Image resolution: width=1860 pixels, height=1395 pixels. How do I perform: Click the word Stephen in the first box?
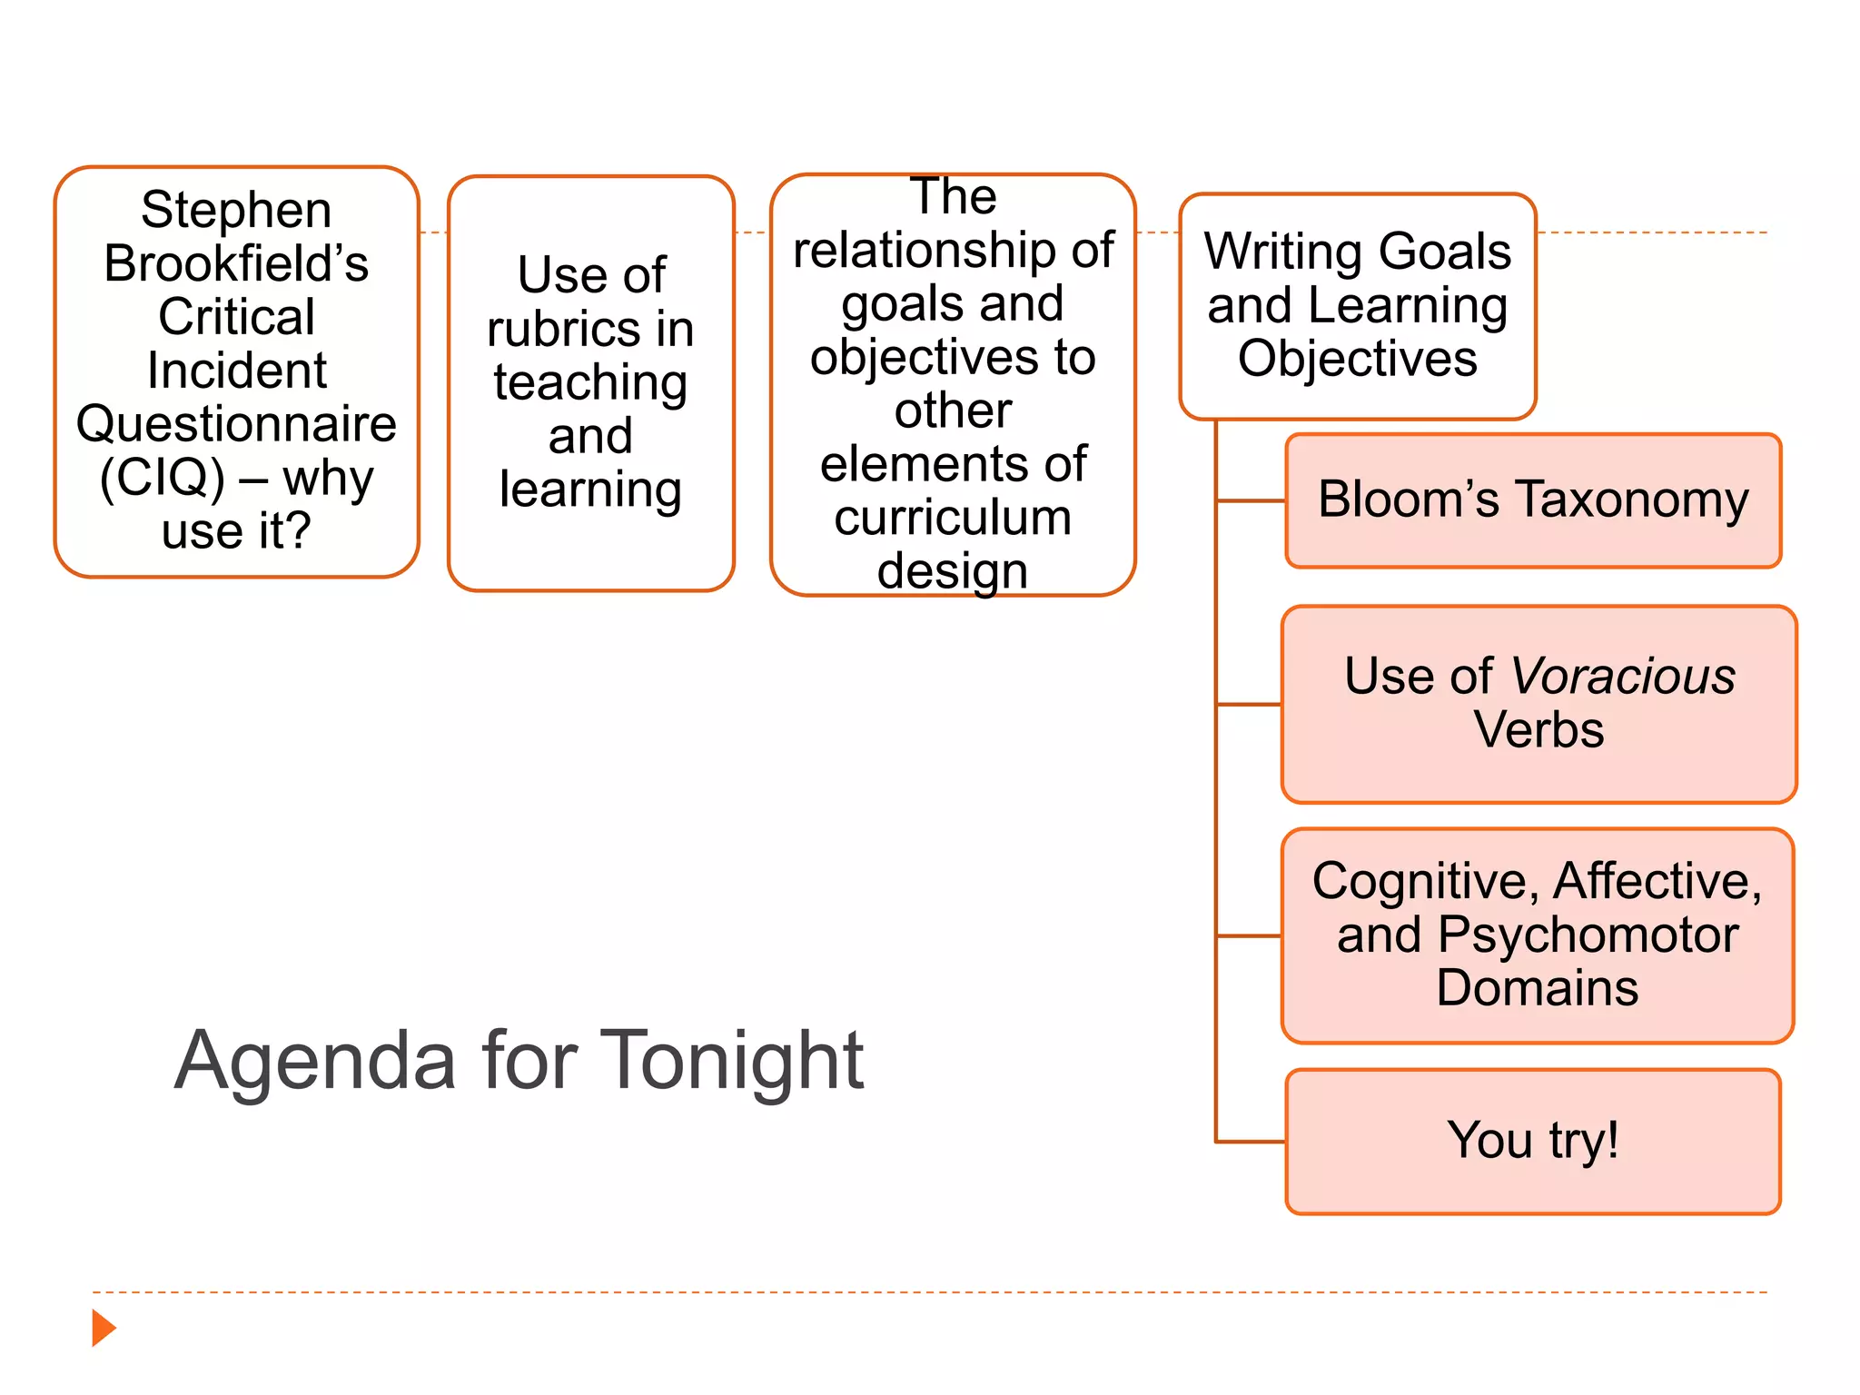pyautogui.click(x=236, y=211)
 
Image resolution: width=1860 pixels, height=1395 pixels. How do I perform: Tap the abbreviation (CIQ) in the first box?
pyautogui.click(x=162, y=478)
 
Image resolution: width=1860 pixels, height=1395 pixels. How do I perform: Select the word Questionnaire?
pyautogui.click(x=236, y=424)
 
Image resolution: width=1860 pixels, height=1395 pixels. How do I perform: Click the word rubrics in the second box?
pyautogui.click(x=563, y=329)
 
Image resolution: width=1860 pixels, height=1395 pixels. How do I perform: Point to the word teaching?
pyautogui.click(x=590, y=382)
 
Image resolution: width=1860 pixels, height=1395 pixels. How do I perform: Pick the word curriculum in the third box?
pyautogui.click(x=953, y=518)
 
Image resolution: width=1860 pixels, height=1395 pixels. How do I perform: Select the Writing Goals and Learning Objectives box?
pyautogui.click(x=1357, y=306)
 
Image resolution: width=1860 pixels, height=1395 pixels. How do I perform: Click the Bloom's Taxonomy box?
pyautogui.click(x=1533, y=500)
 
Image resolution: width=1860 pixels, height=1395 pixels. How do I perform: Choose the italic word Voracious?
pyautogui.click(x=1623, y=677)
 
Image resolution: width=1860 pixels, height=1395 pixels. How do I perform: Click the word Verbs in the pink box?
pyautogui.click(x=1538, y=730)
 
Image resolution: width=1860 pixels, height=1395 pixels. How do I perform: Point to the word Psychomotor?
pyautogui.click(x=1588, y=935)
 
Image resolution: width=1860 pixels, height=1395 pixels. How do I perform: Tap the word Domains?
pyautogui.click(x=1538, y=988)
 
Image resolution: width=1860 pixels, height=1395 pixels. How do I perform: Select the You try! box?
pyautogui.click(x=1533, y=1141)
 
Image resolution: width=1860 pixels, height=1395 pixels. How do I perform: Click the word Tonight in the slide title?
pyautogui.click(x=732, y=1060)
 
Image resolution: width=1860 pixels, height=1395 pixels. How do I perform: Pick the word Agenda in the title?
pyautogui.click(x=314, y=1060)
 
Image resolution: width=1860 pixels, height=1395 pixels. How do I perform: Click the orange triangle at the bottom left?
pyautogui.click(x=104, y=1328)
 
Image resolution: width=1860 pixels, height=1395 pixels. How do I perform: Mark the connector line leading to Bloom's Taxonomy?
pyautogui.click(x=1251, y=500)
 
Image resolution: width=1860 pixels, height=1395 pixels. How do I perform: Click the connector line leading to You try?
pyautogui.click(x=1251, y=1142)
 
